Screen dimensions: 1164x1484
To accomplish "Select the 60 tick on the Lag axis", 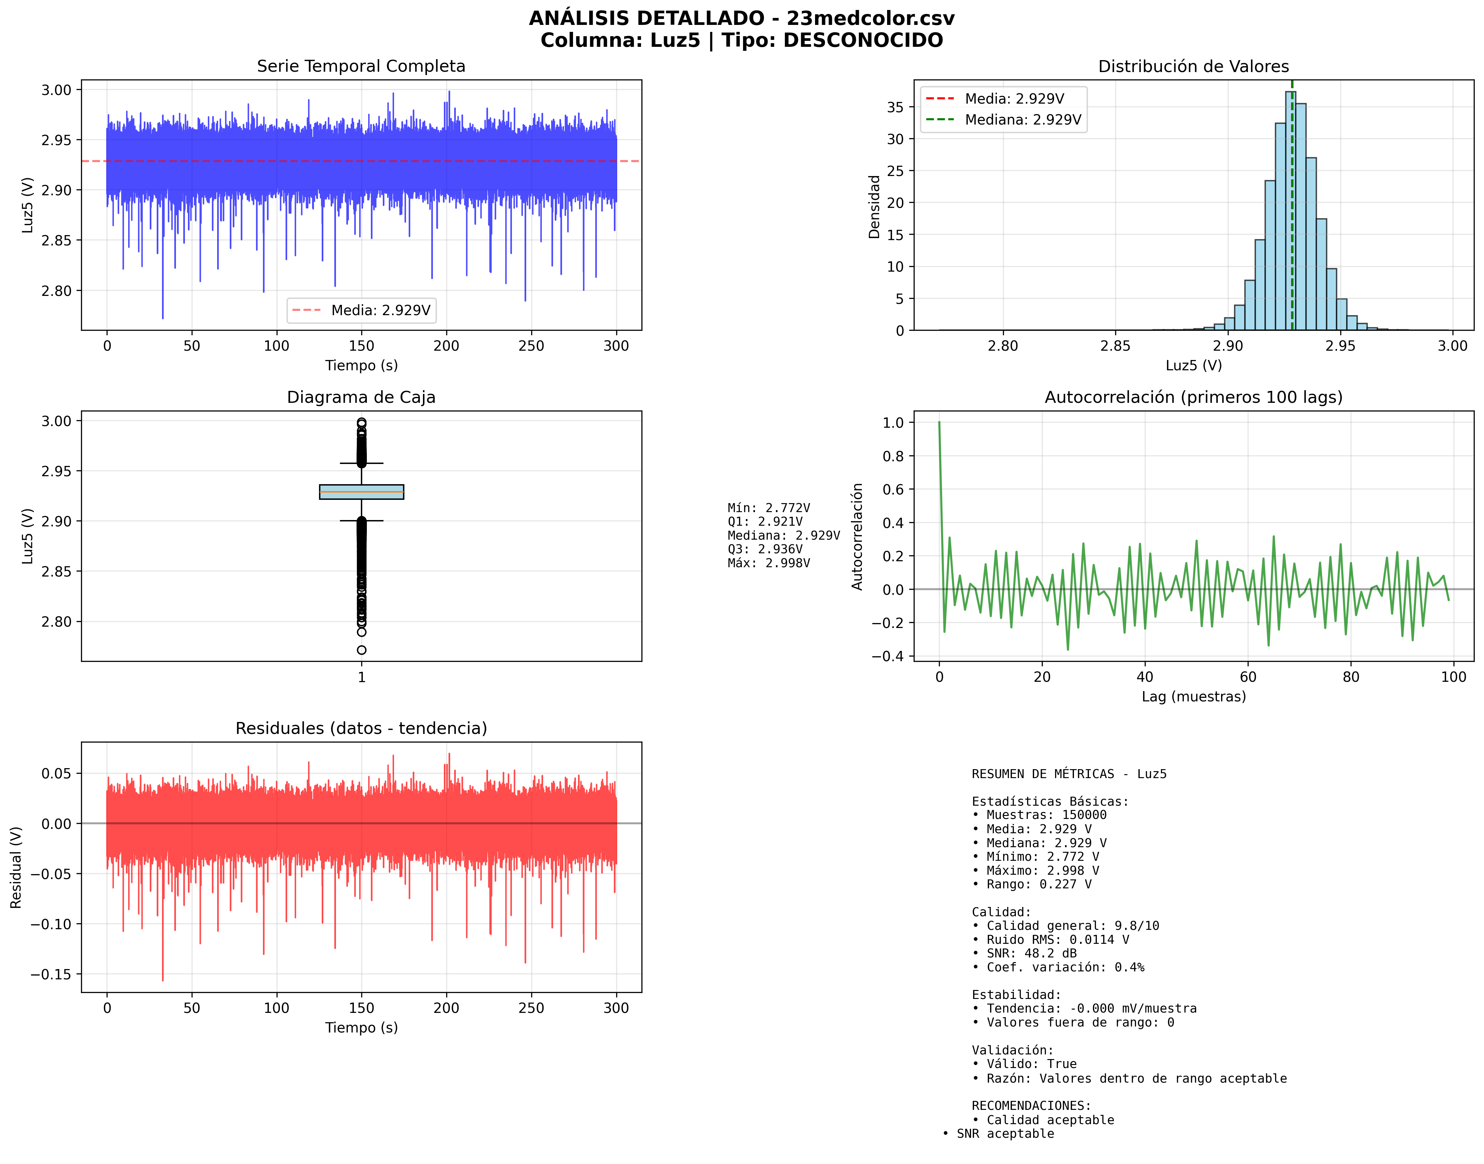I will (x=1248, y=677).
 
